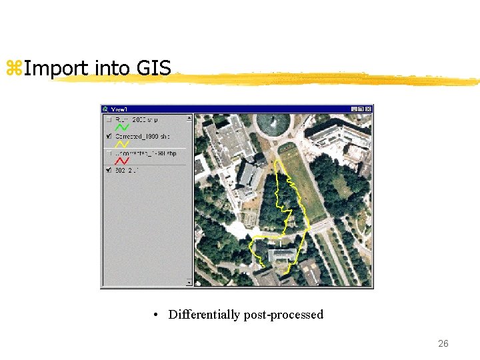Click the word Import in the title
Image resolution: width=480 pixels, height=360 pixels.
click(x=56, y=68)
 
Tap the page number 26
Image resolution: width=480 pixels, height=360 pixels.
click(x=443, y=344)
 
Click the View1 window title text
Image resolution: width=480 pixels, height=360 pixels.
click(x=119, y=109)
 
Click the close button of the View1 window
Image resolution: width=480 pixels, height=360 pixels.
click(x=369, y=109)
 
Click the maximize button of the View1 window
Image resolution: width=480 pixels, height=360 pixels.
click(x=361, y=109)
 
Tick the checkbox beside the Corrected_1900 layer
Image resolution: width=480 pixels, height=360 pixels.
click(x=109, y=136)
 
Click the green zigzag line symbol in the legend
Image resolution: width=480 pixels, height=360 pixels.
click(x=123, y=127)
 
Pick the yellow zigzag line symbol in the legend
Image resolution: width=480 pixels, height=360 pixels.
click(x=123, y=144)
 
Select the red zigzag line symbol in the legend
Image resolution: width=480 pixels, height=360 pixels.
click(x=123, y=161)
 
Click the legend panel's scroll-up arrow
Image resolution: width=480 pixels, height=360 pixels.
click(x=189, y=118)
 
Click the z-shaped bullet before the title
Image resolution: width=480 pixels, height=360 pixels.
click(x=13, y=68)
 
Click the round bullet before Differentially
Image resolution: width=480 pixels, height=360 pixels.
click(x=155, y=315)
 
